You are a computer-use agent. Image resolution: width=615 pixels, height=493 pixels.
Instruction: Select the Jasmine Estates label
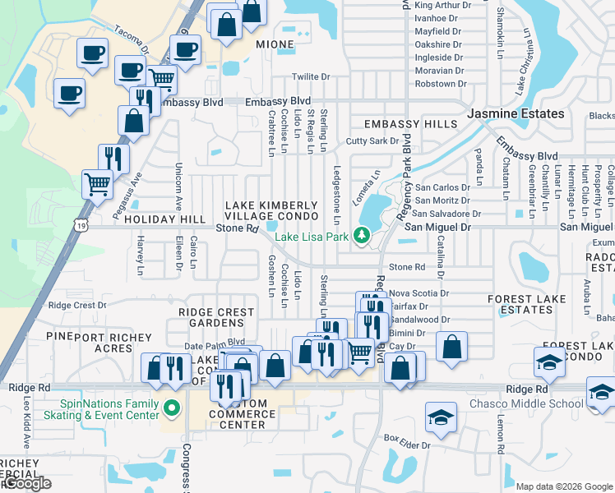[516, 113]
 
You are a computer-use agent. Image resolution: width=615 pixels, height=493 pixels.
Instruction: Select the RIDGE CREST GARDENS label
[216, 318]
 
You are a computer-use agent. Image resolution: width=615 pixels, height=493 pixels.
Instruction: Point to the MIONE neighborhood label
[275, 44]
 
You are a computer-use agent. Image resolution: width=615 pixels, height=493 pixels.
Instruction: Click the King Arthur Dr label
[443, 5]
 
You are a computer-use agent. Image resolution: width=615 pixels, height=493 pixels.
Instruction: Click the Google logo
[26, 484]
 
